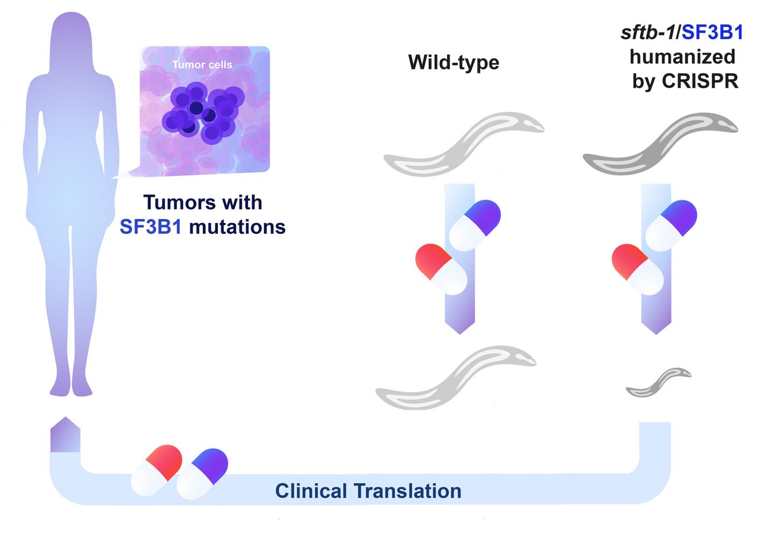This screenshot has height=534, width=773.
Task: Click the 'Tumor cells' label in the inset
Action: (202, 65)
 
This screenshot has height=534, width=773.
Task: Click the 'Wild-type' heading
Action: (454, 62)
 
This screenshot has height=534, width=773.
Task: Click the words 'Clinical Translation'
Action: (368, 491)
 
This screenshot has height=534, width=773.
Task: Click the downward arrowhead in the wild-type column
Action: (460, 324)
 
